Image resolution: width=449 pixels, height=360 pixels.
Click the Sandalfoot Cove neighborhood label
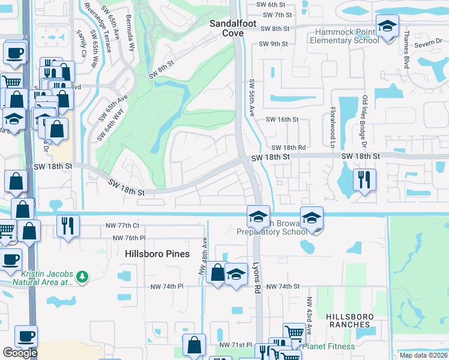point(233,28)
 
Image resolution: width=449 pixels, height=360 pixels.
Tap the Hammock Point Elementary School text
point(344,37)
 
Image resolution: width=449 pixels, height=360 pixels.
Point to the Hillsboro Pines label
point(157,254)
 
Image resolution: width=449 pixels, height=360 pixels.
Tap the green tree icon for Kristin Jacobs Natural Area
point(82,277)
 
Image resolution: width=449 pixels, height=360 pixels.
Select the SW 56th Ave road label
point(252,98)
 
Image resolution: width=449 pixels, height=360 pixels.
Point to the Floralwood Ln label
point(331,126)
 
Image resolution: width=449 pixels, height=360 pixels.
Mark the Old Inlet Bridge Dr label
point(364,122)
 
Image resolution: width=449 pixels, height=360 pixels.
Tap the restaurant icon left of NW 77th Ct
point(67,226)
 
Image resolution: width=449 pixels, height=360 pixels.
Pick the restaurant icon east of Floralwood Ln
point(365,179)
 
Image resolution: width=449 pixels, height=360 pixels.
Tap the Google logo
point(20,353)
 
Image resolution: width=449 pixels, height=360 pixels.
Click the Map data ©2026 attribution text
point(423,355)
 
